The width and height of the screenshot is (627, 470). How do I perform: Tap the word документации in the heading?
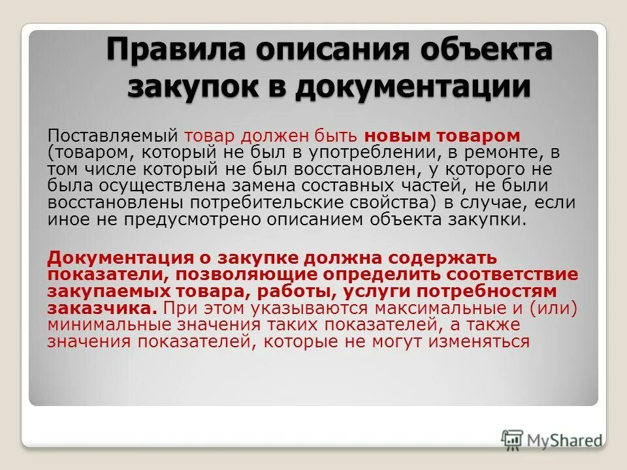coord(411,87)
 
